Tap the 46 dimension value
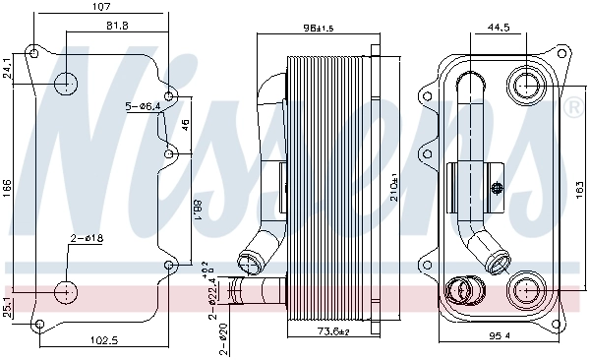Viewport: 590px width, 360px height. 184,125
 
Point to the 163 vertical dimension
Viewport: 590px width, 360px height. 578,184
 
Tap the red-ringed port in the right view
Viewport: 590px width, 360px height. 460,290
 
